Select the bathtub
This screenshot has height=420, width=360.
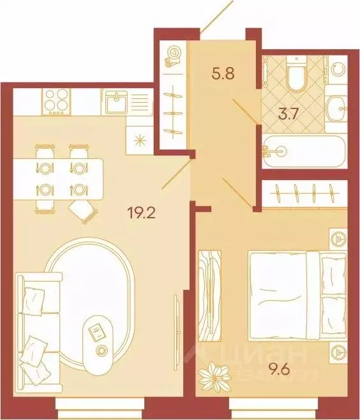click(x=304, y=152)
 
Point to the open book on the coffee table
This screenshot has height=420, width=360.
click(x=97, y=331)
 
